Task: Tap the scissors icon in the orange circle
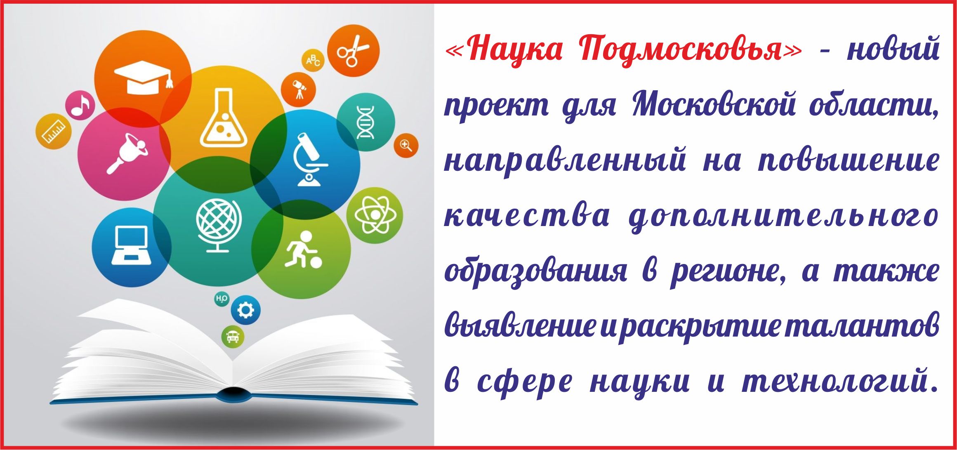[353, 51]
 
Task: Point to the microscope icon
[310, 159]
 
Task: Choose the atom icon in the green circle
[375, 215]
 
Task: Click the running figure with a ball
[303, 250]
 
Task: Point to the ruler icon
[54, 131]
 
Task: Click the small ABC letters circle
[313, 61]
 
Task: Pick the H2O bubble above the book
[222, 298]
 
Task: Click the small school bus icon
[233, 337]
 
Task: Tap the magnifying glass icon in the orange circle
[406, 146]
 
